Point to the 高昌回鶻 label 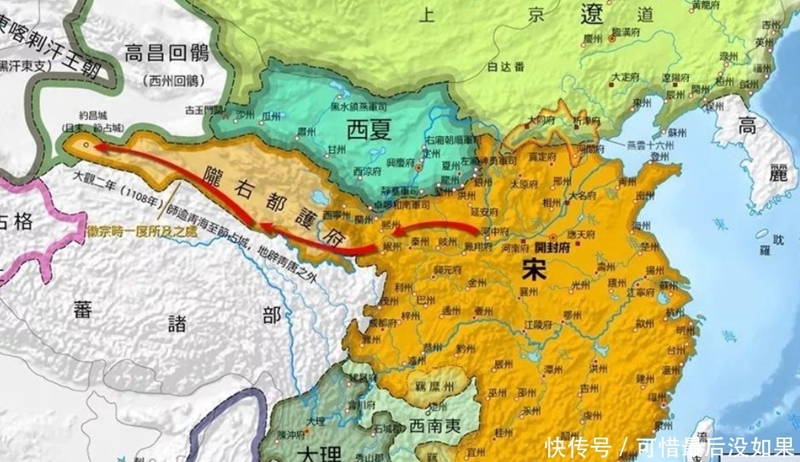(x=168, y=54)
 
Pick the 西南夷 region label (x=436, y=428)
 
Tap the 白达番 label (x=507, y=68)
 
